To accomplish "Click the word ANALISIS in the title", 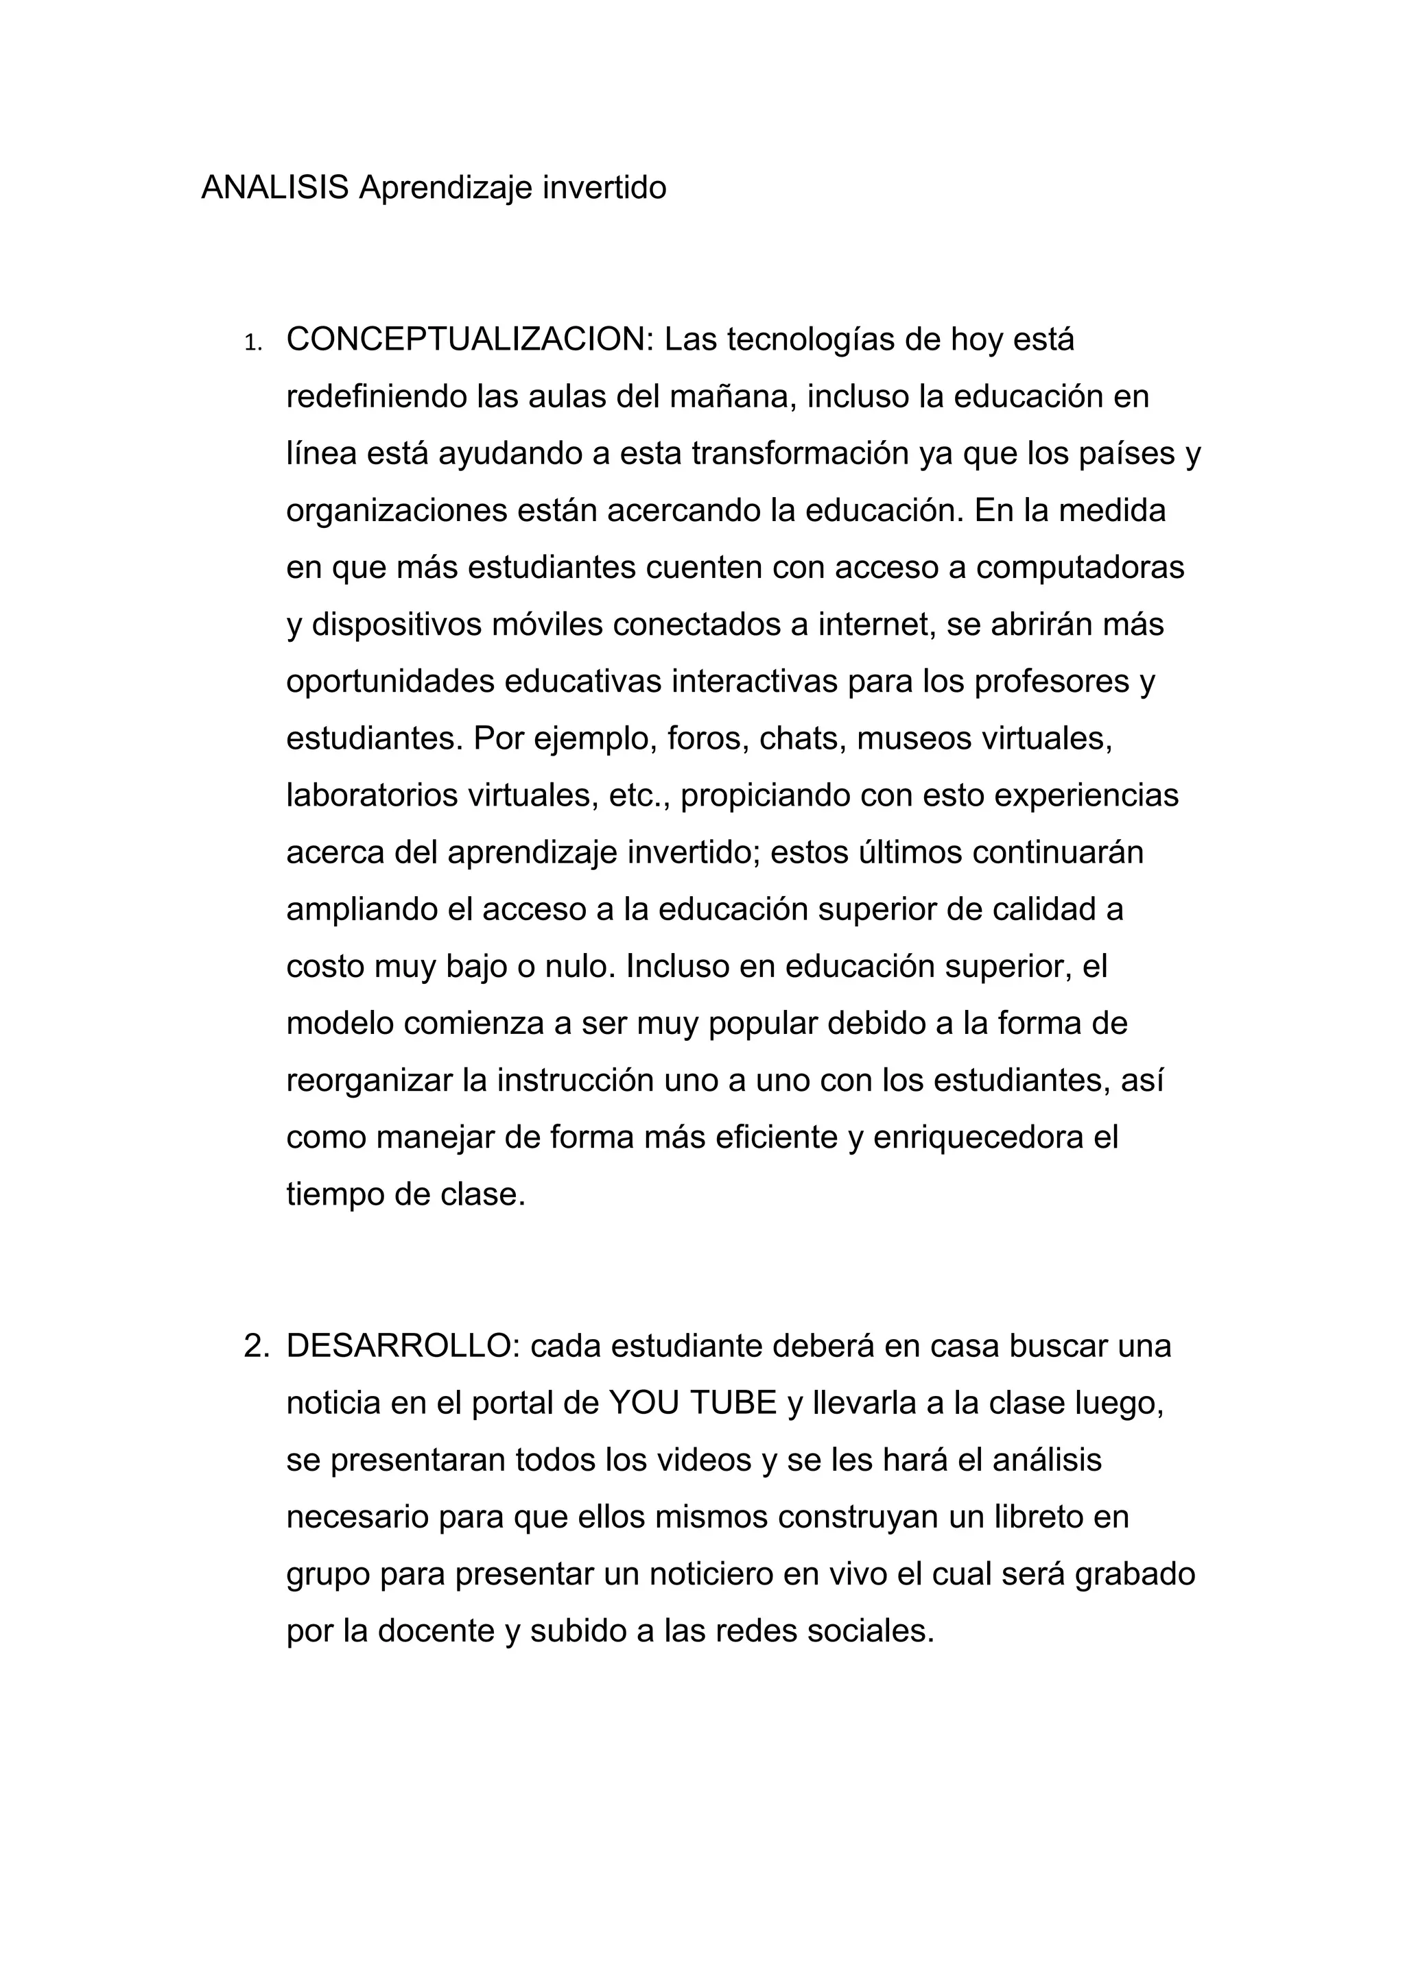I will tap(274, 187).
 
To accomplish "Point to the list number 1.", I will tap(252, 344).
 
